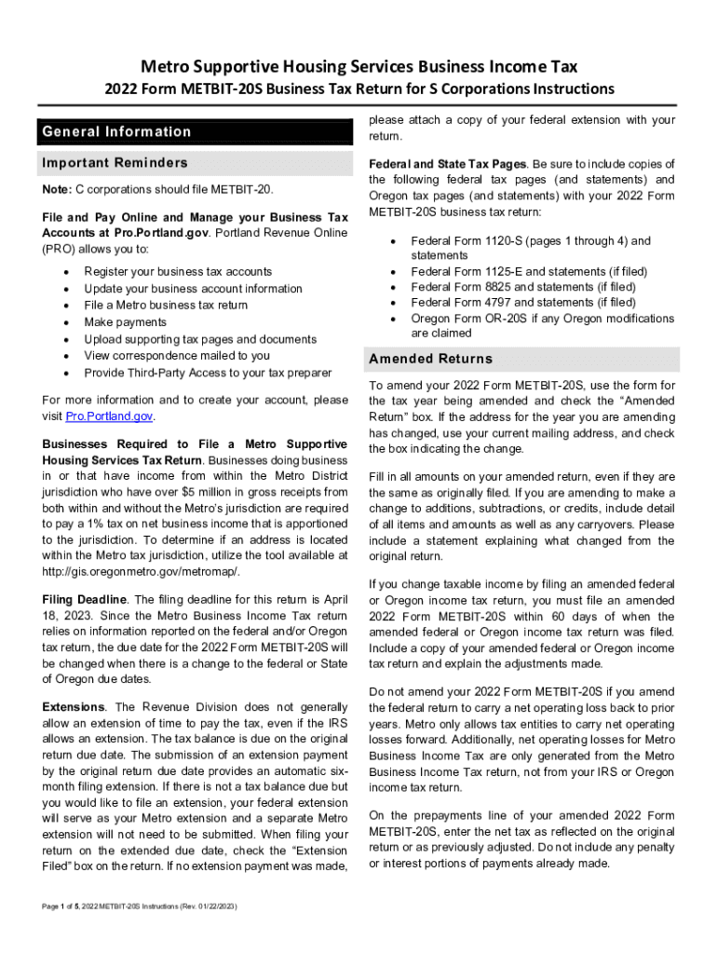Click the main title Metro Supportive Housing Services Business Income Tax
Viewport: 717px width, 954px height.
pos(358,66)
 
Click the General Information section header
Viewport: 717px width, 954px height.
pos(116,131)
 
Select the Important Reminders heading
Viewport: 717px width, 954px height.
pos(115,163)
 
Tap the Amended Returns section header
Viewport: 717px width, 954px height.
pos(430,359)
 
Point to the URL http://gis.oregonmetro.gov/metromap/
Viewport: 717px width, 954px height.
pos(141,571)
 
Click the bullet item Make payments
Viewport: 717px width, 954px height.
pos(125,322)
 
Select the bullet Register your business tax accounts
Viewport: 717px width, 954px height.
pos(178,272)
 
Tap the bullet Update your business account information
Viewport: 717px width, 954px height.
pos(193,289)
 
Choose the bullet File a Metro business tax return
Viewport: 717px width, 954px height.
pos(166,306)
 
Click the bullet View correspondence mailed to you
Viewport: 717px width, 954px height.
pos(177,356)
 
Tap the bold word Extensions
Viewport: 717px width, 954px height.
pos(74,707)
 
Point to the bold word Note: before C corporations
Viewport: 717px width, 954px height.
pos(57,190)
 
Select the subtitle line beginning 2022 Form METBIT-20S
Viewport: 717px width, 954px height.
pos(358,89)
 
